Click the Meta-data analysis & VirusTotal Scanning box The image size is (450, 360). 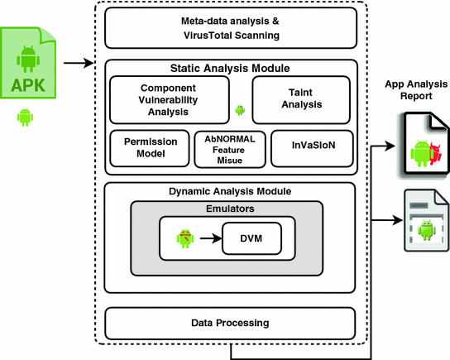pos(231,28)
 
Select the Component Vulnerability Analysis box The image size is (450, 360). pos(170,100)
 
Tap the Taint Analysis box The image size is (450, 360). pos(301,100)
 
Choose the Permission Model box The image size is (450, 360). pos(150,148)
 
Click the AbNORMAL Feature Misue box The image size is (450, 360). pos(230,149)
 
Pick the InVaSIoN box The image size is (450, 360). pos(312,148)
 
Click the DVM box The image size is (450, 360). pos(251,238)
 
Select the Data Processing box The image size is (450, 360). pos(230,324)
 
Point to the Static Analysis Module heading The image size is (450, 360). pos(230,69)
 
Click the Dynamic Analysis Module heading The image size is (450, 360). pos(230,191)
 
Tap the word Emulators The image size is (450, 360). pos(230,209)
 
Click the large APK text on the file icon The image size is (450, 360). pos(28,85)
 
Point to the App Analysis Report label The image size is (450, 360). pos(416,90)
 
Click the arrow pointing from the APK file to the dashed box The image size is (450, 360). pos(79,63)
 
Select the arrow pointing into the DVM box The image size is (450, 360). pos(211,238)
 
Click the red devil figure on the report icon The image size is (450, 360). pos(436,155)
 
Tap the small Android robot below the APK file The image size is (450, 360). pos(25,118)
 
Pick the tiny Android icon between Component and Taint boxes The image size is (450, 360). pos(240,110)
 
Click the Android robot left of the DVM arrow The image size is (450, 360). pos(185,238)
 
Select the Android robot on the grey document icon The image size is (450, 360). pos(427,230)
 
